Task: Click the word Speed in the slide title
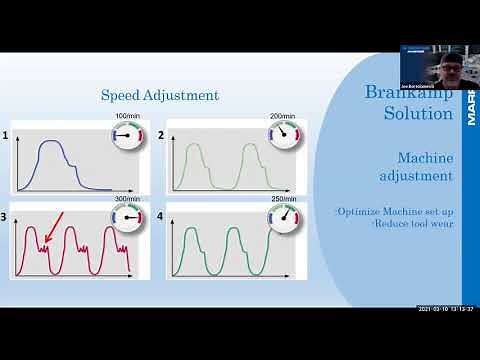[122, 96]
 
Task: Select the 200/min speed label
[282, 116]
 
